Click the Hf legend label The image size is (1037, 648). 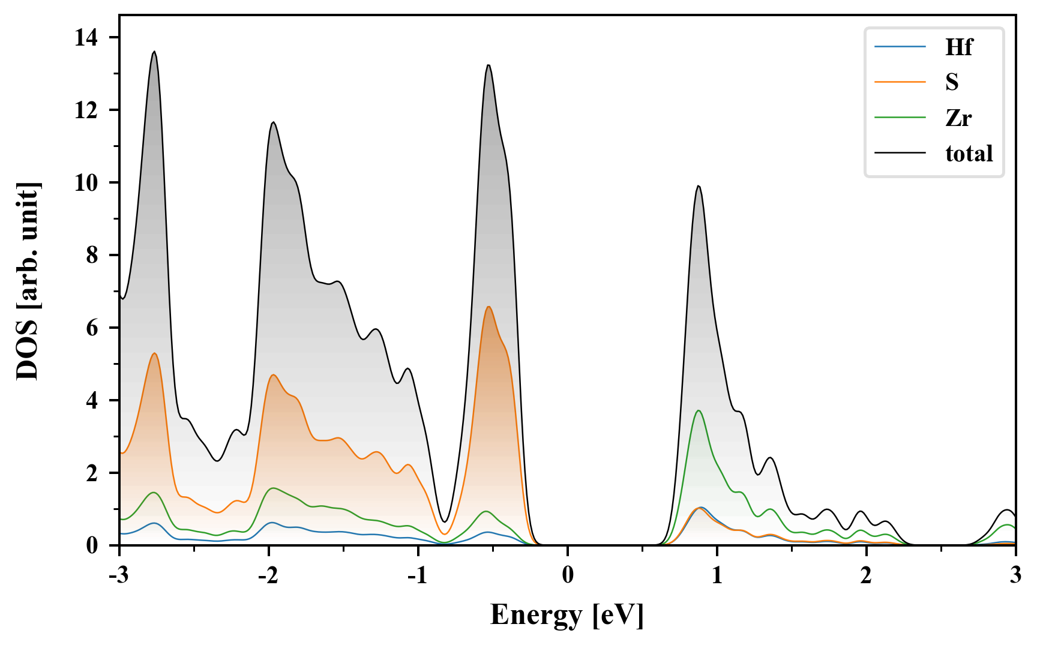[x=958, y=47]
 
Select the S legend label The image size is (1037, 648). [x=952, y=82]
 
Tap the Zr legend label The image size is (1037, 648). [x=958, y=118]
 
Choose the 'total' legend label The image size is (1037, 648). [x=969, y=154]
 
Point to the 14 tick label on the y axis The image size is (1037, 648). [x=86, y=38]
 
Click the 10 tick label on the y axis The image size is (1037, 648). [x=86, y=183]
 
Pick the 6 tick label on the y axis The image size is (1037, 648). [x=92, y=328]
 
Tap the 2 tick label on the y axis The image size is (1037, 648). [x=92, y=473]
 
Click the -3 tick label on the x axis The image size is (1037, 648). [x=119, y=575]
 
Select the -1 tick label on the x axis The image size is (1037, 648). [x=418, y=575]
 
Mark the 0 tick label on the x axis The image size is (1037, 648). [x=568, y=575]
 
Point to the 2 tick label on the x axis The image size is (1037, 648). [x=866, y=575]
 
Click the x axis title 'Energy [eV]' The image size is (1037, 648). [x=567, y=615]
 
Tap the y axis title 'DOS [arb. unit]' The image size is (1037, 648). [x=28, y=281]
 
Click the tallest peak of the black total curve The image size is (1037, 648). [x=154, y=52]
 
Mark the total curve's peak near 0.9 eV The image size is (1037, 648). [x=698, y=186]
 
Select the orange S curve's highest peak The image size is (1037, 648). [x=489, y=307]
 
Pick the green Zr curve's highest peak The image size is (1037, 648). [x=698, y=410]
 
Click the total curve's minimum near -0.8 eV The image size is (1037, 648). [x=444, y=522]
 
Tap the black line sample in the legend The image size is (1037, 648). [x=900, y=154]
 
